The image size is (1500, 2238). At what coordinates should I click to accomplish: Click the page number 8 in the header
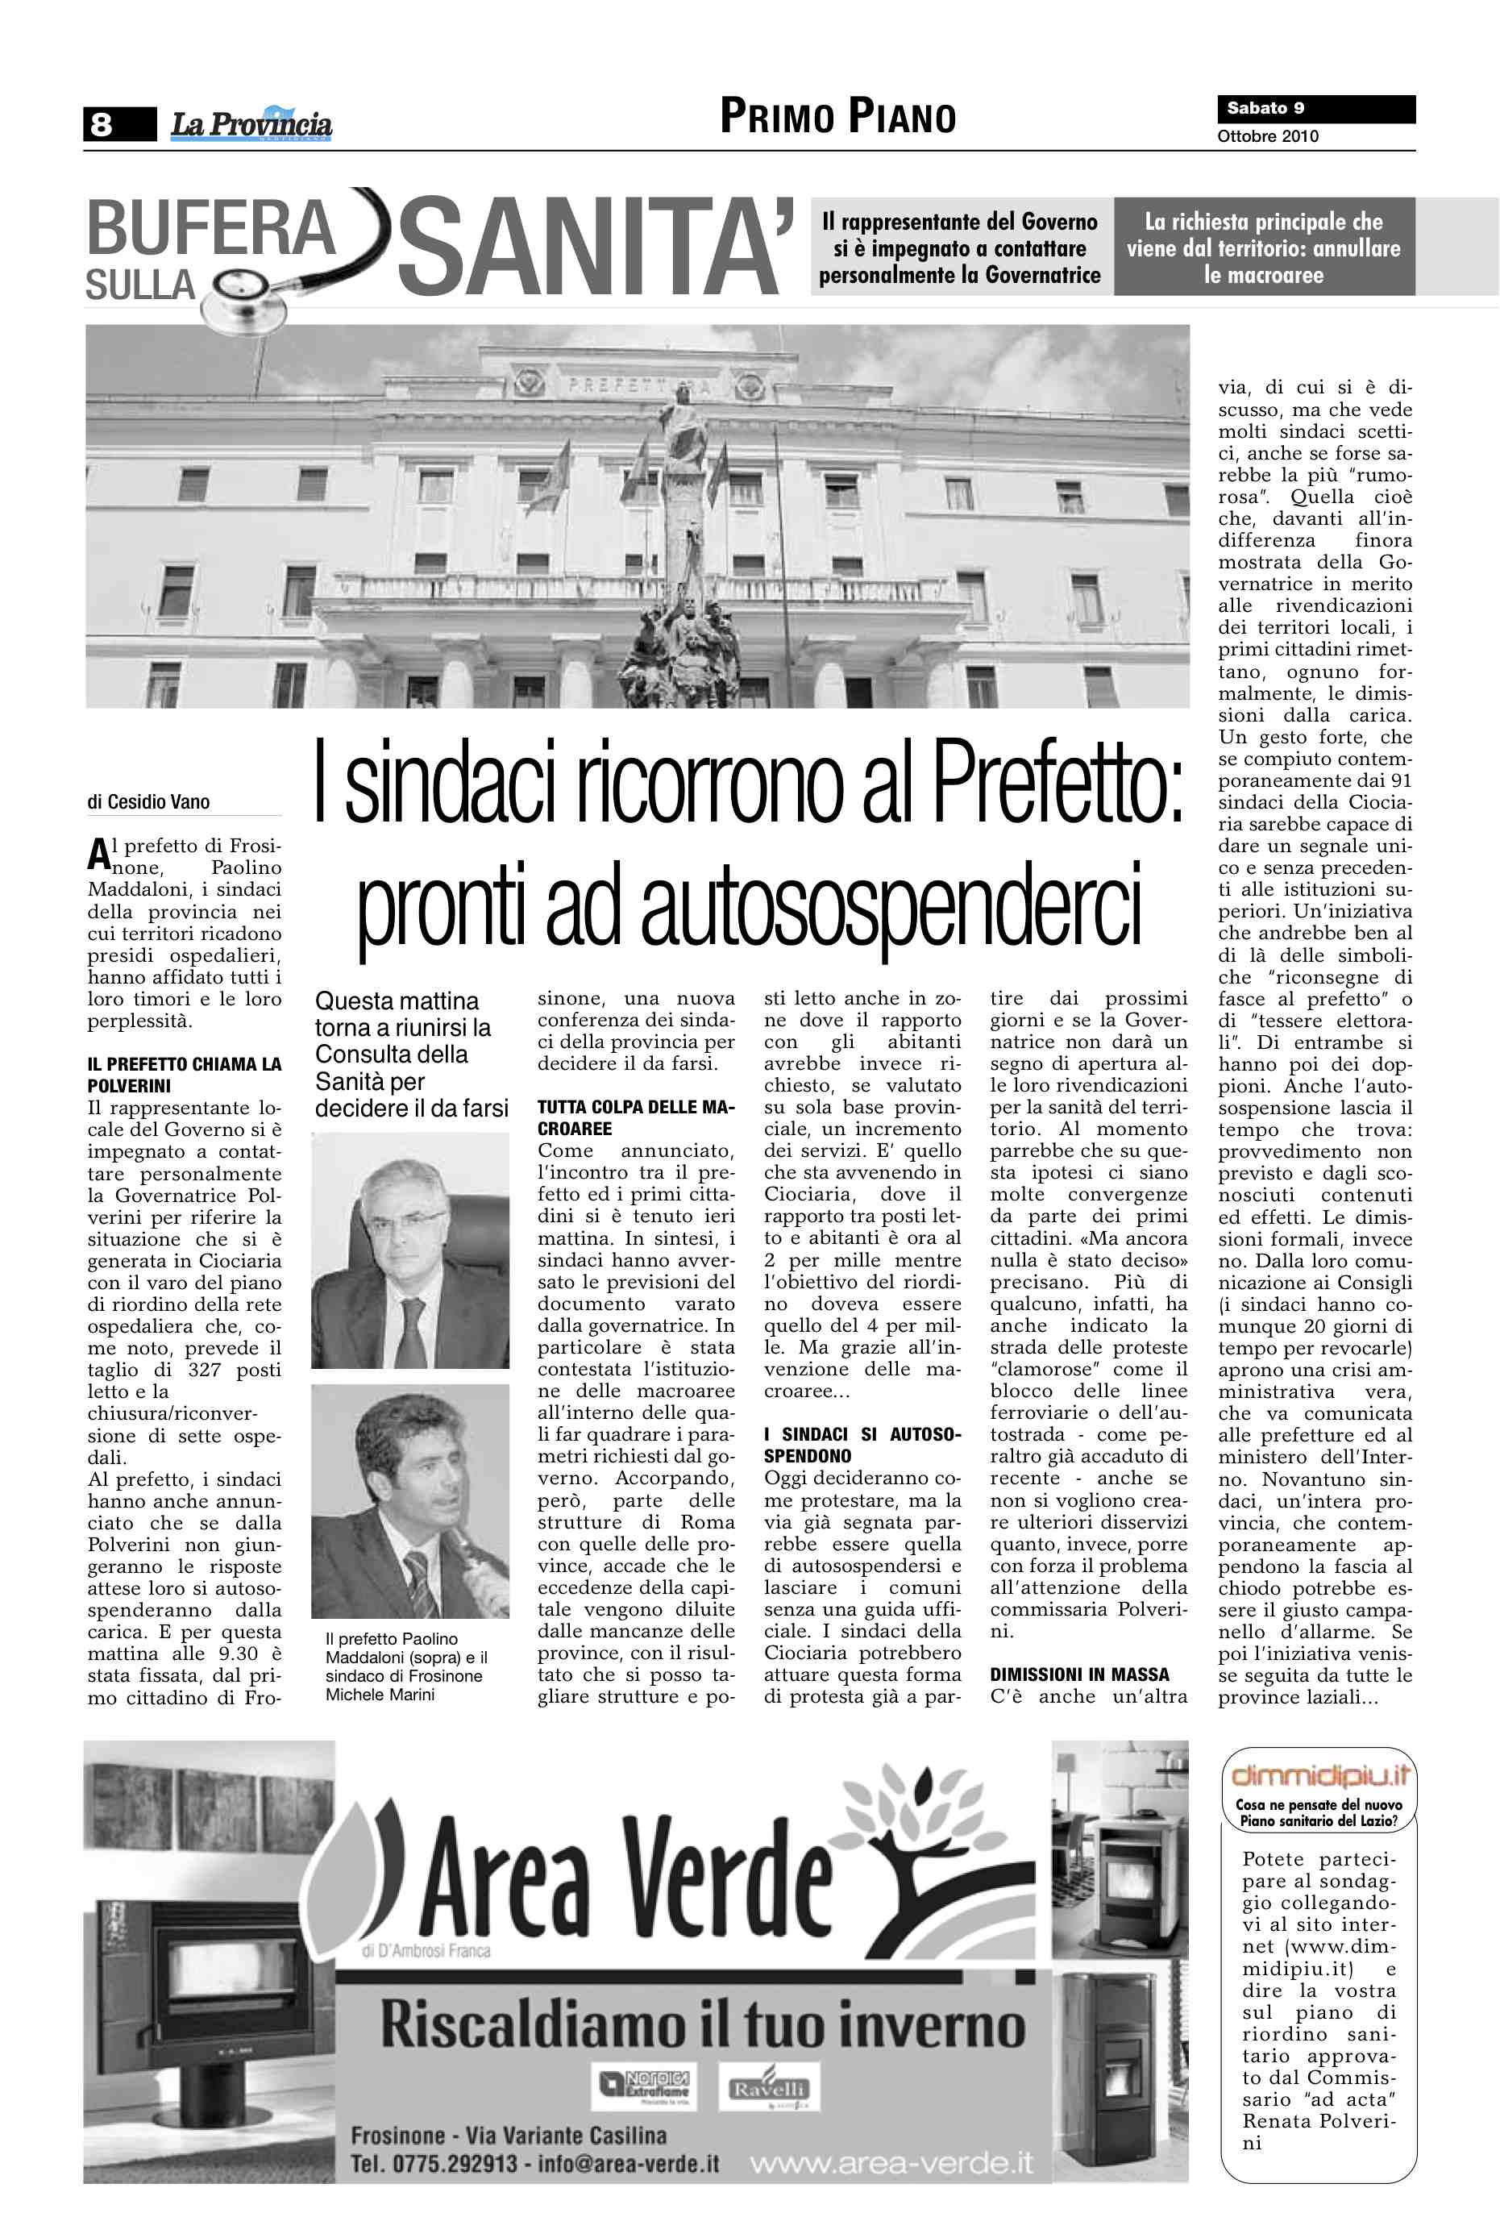pos(101,123)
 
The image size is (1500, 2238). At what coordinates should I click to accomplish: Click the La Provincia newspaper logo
pos(251,124)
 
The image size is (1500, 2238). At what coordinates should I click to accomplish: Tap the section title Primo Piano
pos(838,117)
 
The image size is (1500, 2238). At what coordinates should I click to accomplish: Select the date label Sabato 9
pos(1265,108)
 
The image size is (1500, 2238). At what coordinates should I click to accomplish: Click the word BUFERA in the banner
pos(210,231)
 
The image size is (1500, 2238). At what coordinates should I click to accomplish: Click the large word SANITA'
pos(595,247)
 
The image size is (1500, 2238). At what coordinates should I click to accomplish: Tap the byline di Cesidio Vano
pos(148,802)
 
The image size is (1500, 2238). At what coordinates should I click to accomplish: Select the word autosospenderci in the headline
pos(891,903)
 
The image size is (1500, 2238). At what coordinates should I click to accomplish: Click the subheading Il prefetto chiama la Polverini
pos(185,1075)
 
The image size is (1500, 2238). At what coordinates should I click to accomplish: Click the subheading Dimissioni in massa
pos(1079,1674)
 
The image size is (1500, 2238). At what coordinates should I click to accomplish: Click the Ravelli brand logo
pos(769,2090)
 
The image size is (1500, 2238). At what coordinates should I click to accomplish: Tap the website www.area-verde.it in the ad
pos(891,2162)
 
